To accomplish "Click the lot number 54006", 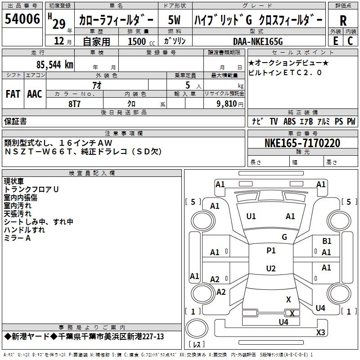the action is pyautogui.click(x=22, y=18).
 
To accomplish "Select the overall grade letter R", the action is pyautogui.click(x=343, y=20).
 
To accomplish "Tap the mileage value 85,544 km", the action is pyautogui.click(x=54, y=65).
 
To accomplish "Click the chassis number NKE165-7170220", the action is pyautogui.click(x=302, y=143).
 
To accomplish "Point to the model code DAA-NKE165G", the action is pyautogui.click(x=258, y=41).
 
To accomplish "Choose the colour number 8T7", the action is pyautogui.click(x=74, y=104).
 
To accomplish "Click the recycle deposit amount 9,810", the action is pyautogui.click(x=227, y=104).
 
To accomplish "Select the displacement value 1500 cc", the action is pyautogui.click(x=141, y=41).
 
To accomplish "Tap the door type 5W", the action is pyautogui.click(x=174, y=20).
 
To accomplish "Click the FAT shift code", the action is pyautogui.click(x=13, y=94).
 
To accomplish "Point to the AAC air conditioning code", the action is pyautogui.click(x=35, y=94).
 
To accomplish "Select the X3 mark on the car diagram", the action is pyautogui.click(x=320, y=332).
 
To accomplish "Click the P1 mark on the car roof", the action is pyautogui.click(x=271, y=251).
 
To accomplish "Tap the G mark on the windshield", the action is pyautogui.click(x=284, y=237).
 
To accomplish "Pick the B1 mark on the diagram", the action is pyautogui.click(x=327, y=241).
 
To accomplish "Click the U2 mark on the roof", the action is pyautogui.click(x=271, y=268).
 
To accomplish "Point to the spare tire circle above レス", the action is pyautogui.click(x=197, y=328).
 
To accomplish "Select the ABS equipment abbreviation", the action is pyautogui.click(x=289, y=121).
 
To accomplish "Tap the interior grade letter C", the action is pyautogui.click(x=350, y=41).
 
